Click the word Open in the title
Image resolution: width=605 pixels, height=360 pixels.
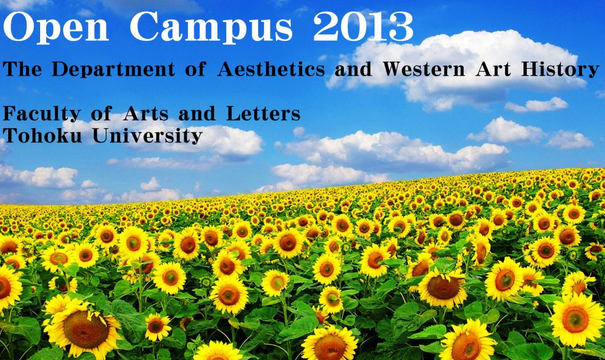56,28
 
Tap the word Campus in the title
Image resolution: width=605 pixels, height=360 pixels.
211,28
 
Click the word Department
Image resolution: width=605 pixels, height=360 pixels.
113,70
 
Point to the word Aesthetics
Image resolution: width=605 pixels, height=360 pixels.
271,69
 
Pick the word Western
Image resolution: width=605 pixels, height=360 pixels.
424,69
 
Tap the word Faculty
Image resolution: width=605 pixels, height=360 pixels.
42,115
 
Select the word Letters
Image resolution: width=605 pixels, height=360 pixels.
263,114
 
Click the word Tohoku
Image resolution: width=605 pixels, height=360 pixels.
43,135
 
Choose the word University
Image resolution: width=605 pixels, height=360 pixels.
147,136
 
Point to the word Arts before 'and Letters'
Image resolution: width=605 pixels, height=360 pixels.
145,114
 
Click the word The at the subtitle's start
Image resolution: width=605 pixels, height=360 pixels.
22,69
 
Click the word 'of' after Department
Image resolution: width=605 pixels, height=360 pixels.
195,69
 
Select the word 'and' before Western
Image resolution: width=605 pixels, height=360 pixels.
353,69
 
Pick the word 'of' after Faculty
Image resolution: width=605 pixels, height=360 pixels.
102,114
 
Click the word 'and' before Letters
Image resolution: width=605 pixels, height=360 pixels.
197,114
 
